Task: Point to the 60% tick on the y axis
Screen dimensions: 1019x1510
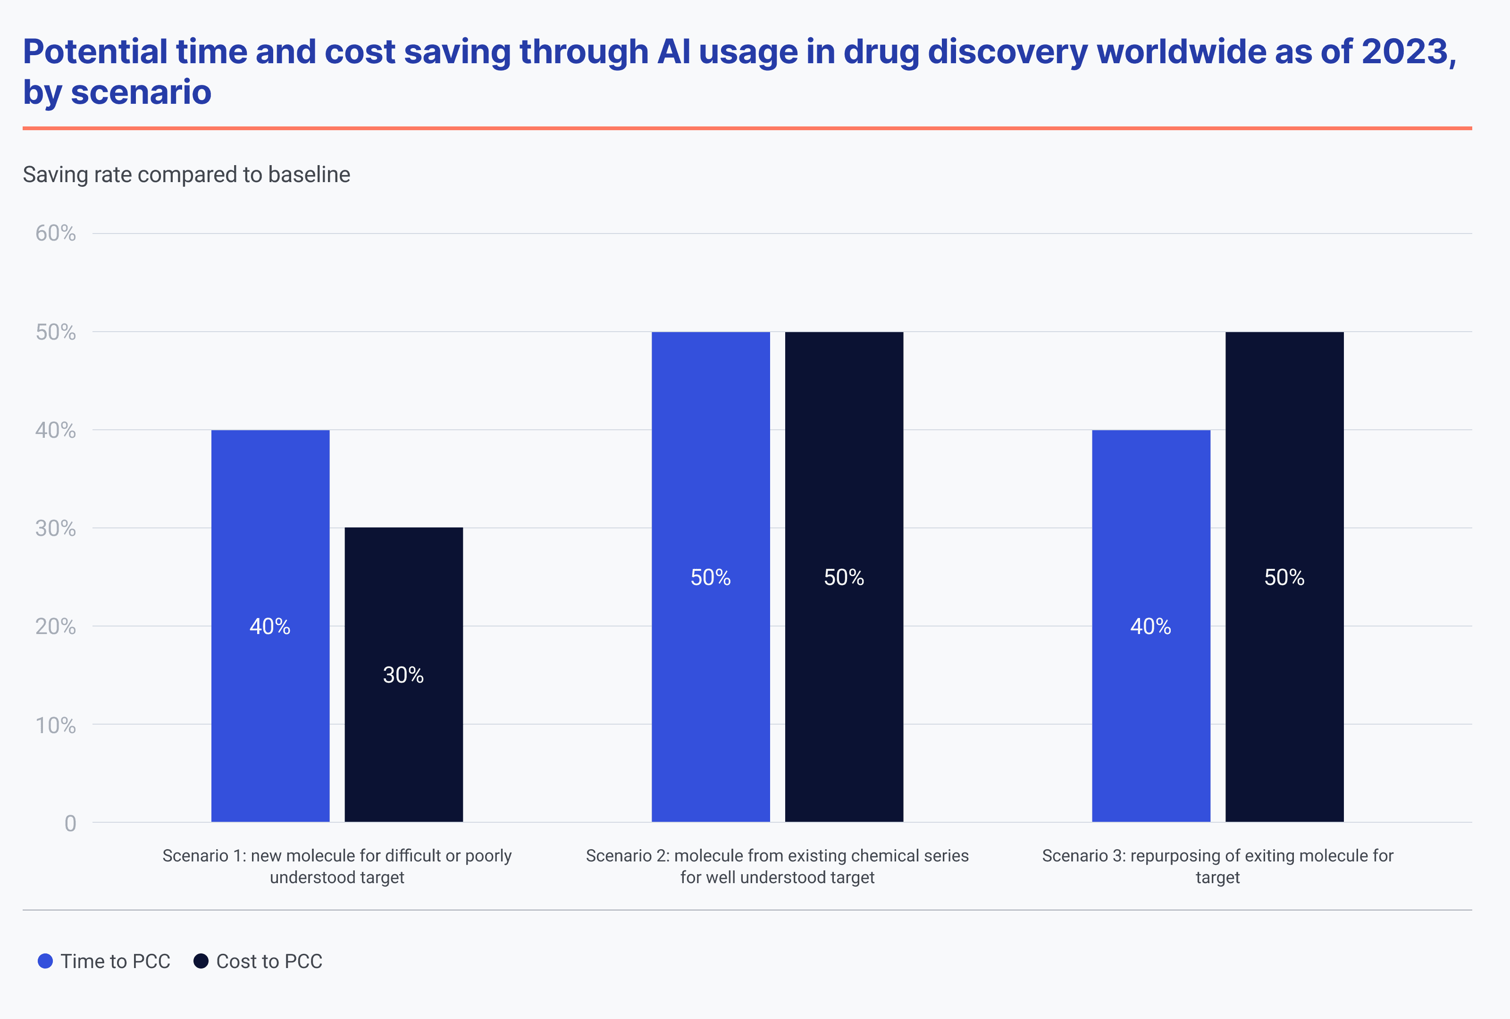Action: click(56, 233)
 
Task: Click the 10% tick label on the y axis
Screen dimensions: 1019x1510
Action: click(56, 726)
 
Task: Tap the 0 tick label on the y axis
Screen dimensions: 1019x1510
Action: click(70, 824)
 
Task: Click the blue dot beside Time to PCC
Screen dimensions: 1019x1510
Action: click(45, 961)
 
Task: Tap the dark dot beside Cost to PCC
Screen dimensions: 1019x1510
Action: click(201, 961)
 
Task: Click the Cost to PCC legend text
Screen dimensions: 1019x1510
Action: click(269, 961)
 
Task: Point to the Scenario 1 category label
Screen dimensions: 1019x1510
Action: click(337, 866)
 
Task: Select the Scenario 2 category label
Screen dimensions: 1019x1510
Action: click(777, 866)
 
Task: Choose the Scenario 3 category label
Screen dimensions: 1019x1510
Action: click(1217, 866)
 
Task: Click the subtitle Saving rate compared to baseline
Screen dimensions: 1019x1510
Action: click(186, 175)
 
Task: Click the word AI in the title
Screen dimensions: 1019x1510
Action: click(674, 52)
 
